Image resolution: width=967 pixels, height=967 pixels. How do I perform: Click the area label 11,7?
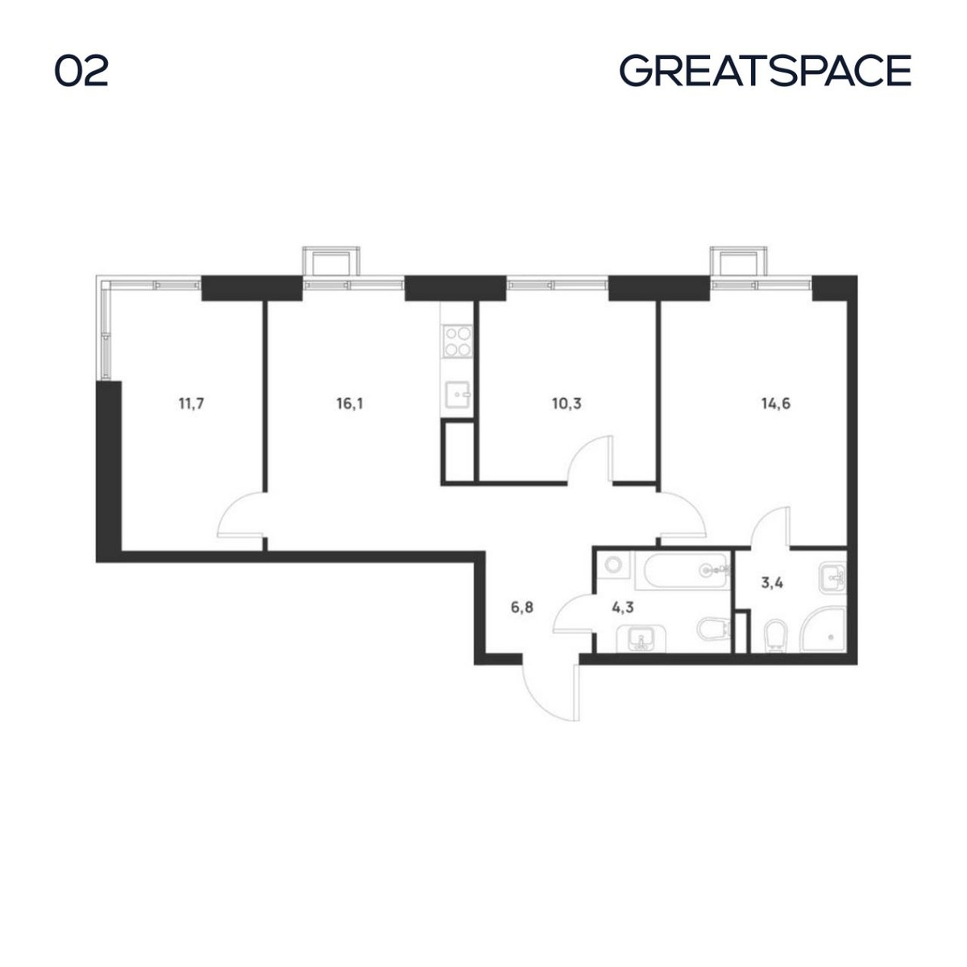(191, 404)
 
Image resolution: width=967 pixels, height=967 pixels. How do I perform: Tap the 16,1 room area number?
(349, 404)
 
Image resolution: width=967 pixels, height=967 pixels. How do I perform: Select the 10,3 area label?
(567, 404)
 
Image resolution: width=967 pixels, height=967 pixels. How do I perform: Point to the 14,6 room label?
(776, 404)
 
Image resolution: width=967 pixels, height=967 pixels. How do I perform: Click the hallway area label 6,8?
(522, 608)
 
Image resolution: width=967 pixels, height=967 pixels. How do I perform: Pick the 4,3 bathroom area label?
(623, 608)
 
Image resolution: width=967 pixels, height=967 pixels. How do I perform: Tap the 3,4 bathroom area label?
(772, 583)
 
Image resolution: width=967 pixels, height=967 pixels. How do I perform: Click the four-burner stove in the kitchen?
(457, 341)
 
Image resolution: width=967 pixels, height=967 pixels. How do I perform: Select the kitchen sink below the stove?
(457, 395)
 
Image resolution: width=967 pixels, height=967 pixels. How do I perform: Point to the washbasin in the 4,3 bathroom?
(641, 639)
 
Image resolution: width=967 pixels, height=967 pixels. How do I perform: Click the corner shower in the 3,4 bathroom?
(823, 631)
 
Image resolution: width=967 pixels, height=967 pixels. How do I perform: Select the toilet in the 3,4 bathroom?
(776, 637)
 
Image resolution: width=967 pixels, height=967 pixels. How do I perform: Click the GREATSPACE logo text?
(766, 71)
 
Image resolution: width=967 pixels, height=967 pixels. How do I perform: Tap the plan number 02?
(81, 71)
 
